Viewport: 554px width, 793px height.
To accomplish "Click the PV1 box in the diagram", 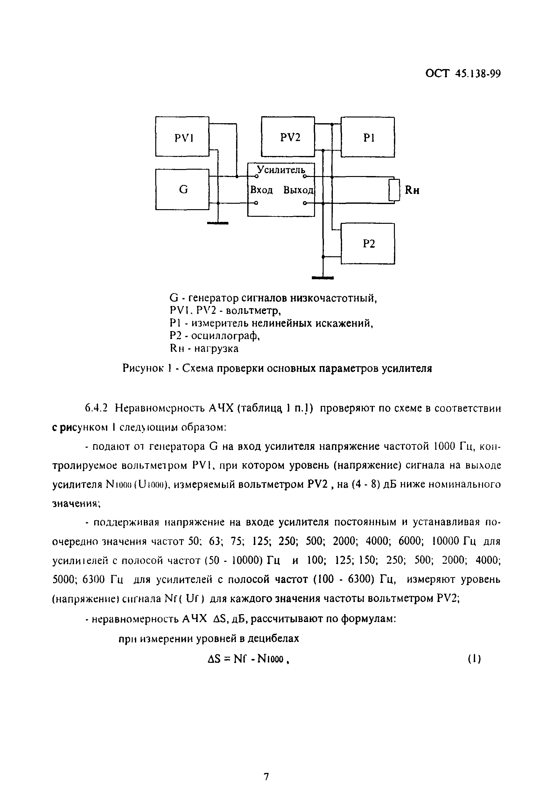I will point(182,137).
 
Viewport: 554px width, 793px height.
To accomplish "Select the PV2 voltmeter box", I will point(288,137).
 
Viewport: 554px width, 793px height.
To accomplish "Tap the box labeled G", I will point(182,189).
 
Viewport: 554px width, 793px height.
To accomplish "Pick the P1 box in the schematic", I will point(368,137).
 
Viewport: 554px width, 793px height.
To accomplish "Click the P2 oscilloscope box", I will point(368,244).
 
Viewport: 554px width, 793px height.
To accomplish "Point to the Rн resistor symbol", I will point(394,190).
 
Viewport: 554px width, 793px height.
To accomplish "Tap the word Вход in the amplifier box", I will point(261,190).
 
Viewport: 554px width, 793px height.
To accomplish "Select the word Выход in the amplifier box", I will point(298,190).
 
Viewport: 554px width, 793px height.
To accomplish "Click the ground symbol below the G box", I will point(218,223).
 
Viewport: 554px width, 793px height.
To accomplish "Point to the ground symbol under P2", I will point(323,278).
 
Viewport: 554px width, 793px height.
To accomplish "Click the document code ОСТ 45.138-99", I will point(463,74).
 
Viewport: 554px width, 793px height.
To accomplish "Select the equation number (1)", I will point(474,659).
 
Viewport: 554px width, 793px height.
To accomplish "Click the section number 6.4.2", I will point(96,408).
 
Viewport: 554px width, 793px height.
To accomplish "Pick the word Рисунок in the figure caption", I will point(143,369).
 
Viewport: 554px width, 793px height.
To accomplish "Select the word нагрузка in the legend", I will point(216,349).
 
